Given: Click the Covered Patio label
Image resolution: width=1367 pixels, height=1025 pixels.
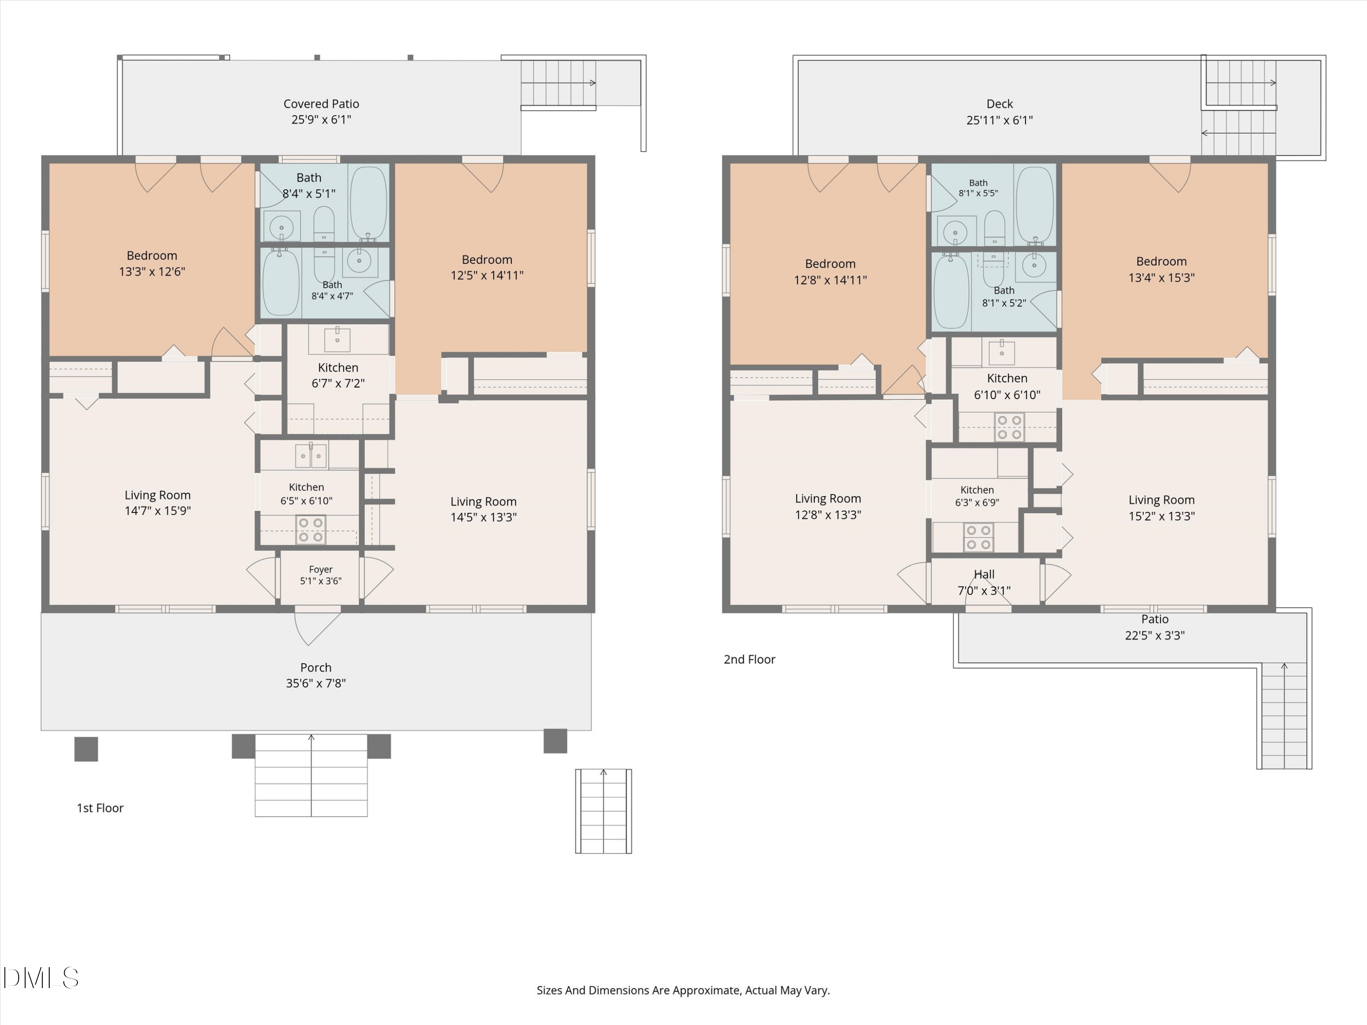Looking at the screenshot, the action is (321, 112).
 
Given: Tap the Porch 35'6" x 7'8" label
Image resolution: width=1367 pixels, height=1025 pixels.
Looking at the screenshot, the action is (316, 675).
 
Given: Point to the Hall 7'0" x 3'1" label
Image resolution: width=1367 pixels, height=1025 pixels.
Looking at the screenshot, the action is (984, 583).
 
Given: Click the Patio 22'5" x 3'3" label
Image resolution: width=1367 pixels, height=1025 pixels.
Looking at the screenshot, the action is (1154, 627).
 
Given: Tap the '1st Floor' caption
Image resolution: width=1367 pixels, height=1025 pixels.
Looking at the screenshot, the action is (100, 808).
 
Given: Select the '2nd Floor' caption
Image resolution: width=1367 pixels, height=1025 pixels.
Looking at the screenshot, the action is (749, 659).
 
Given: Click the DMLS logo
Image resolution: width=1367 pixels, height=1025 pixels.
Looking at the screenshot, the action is (41, 978).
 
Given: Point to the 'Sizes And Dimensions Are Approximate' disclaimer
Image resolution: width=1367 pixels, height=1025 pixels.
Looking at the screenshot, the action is (683, 990).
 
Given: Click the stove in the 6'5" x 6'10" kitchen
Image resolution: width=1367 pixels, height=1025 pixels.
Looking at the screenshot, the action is (310, 530).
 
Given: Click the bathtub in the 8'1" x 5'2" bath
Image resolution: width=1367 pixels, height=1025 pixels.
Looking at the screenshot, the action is (951, 292).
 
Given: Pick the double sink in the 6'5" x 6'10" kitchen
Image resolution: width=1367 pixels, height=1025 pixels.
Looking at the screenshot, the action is (311, 456).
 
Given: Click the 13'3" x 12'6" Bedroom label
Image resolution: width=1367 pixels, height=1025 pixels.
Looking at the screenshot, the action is (152, 263).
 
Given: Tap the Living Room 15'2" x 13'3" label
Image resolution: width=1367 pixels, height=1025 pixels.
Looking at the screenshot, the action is (1161, 508).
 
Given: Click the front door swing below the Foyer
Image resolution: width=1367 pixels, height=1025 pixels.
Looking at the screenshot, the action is (318, 626).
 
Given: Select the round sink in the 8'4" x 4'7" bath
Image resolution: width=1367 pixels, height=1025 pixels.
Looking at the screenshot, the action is (359, 261).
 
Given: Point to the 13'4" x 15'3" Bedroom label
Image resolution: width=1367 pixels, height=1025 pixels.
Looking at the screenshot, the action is (1161, 269).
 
